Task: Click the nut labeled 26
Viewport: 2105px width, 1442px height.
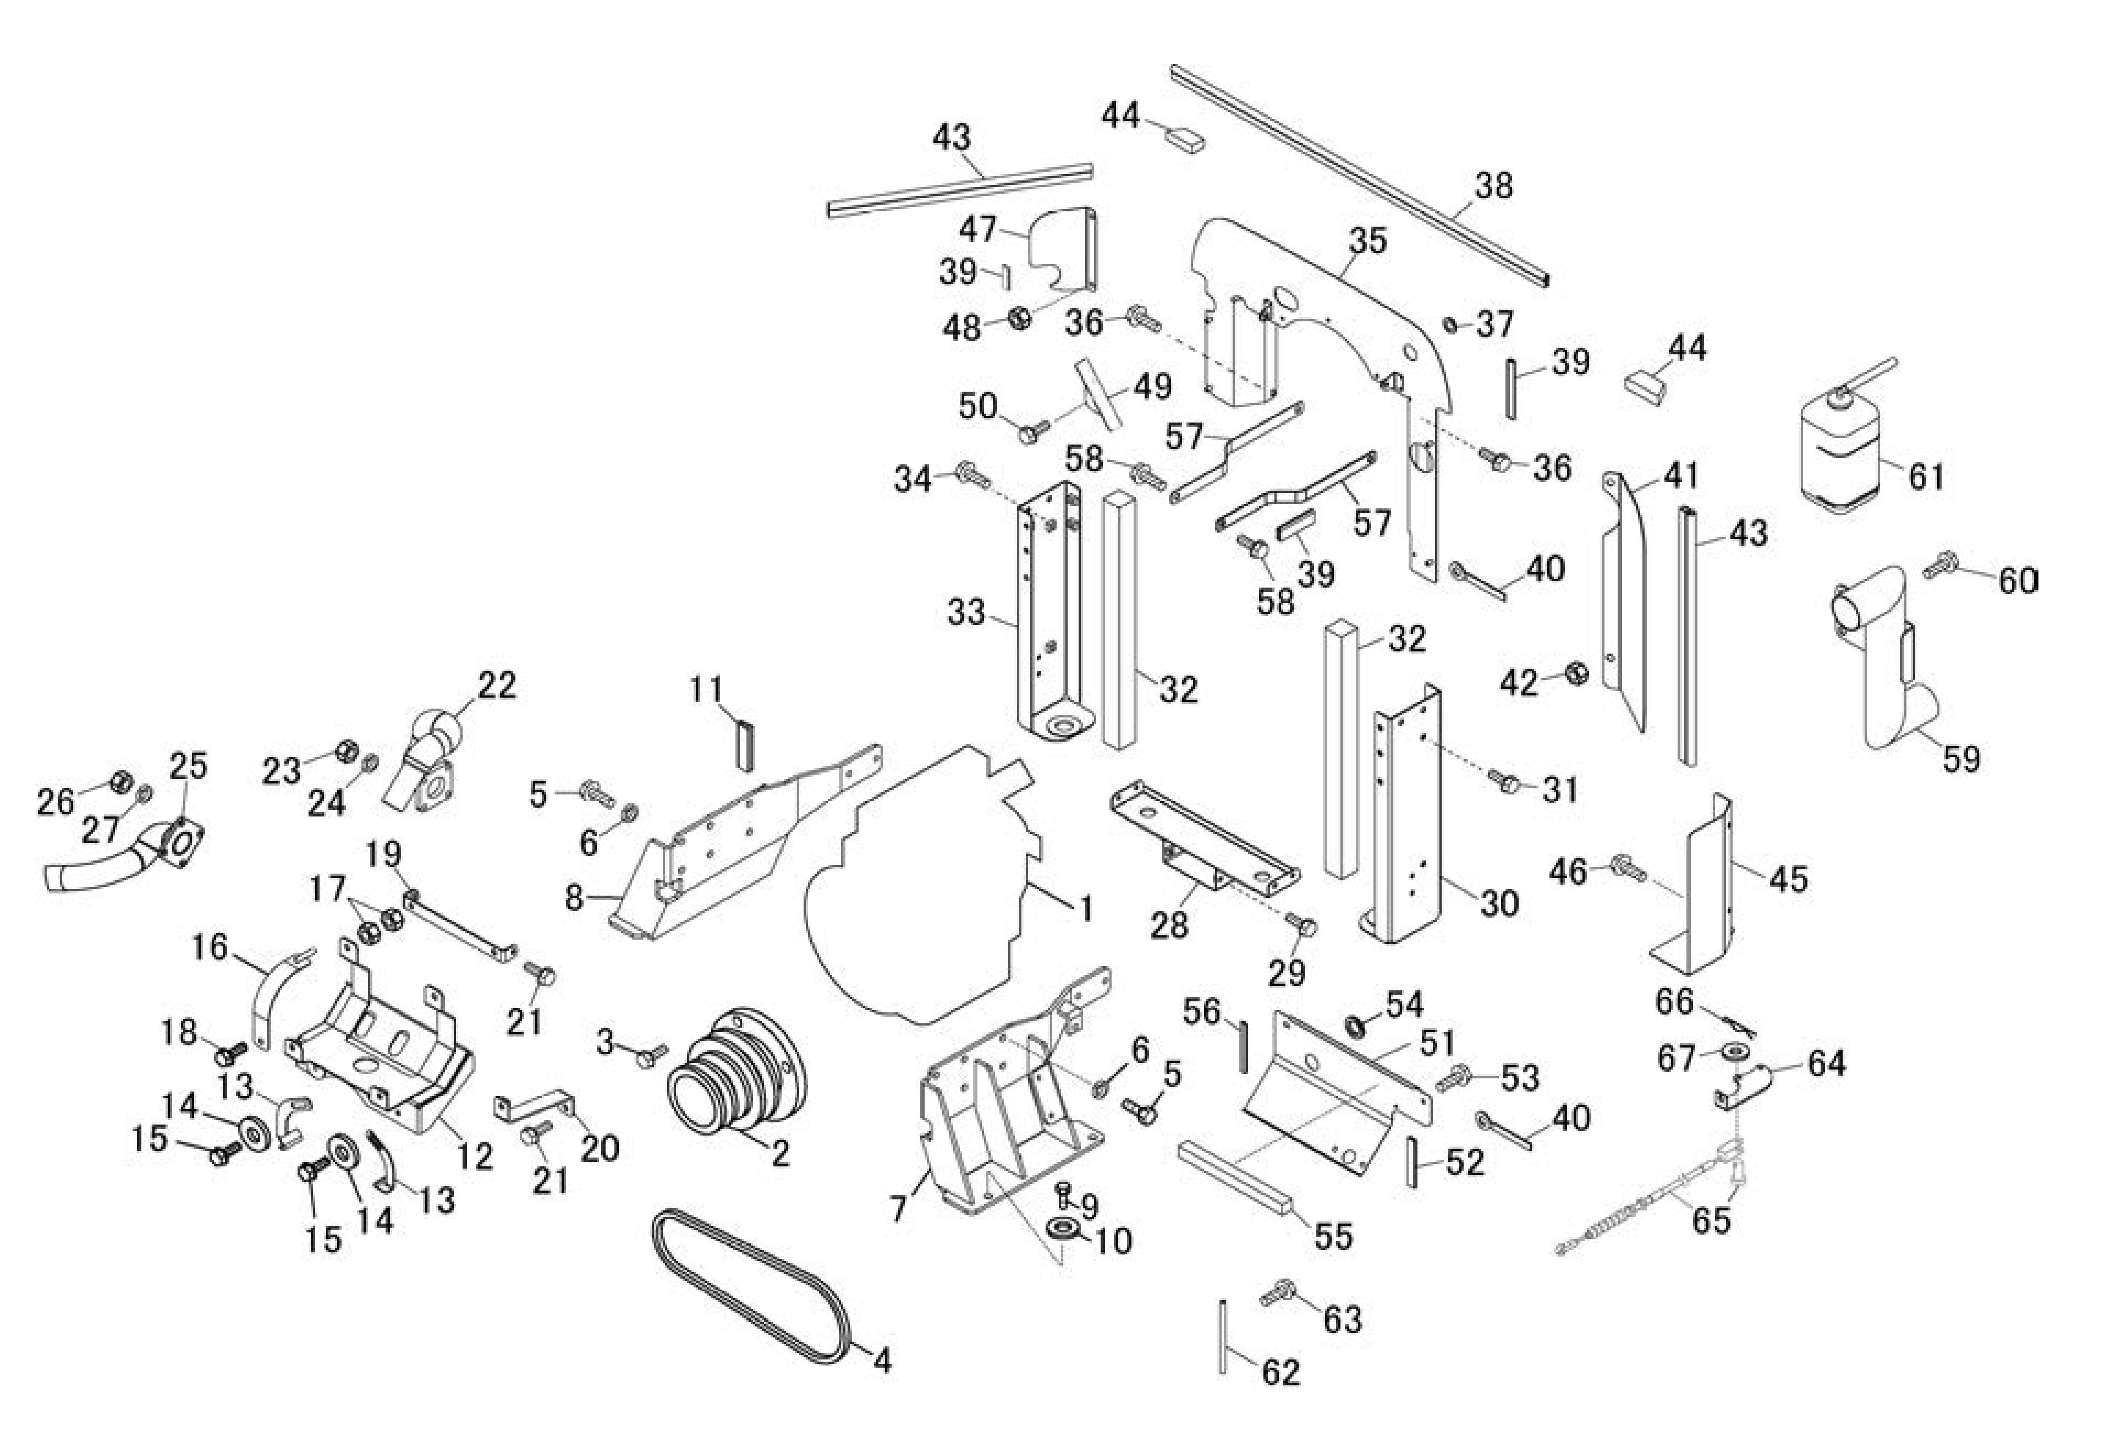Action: tap(119, 781)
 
